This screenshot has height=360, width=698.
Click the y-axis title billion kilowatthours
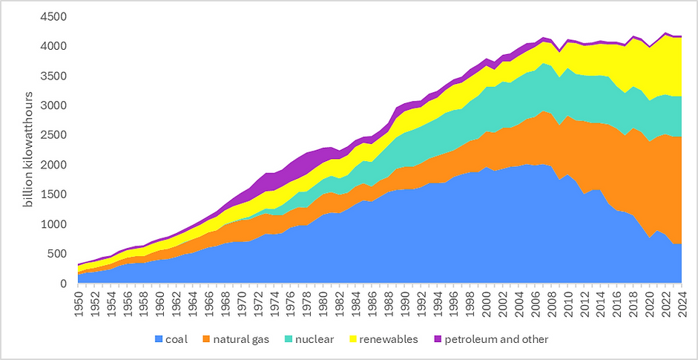click(x=28, y=150)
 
